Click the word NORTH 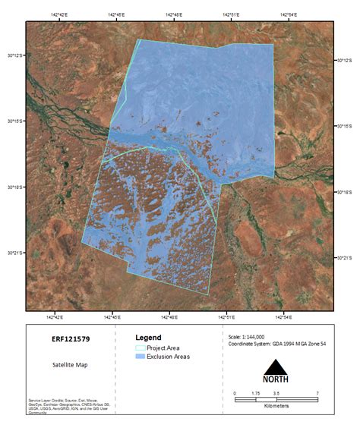tap(275, 379)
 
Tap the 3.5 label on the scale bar tap(276, 392)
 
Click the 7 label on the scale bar tap(316, 392)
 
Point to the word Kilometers tap(275, 406)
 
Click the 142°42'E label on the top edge tap(56, 15)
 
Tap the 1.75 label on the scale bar tap(255, 392)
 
